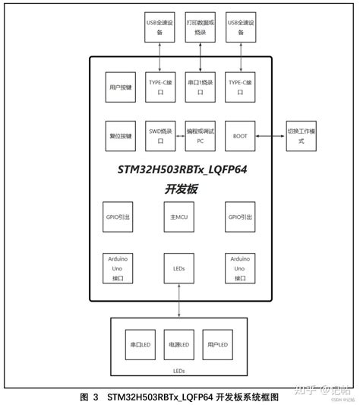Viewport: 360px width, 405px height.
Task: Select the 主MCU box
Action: tap(180, 217)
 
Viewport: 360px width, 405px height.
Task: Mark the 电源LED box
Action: tap(179, 345)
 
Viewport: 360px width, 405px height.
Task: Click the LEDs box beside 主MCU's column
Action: tap(180, 268)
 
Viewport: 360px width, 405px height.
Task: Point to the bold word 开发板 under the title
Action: tap(179, 189)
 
